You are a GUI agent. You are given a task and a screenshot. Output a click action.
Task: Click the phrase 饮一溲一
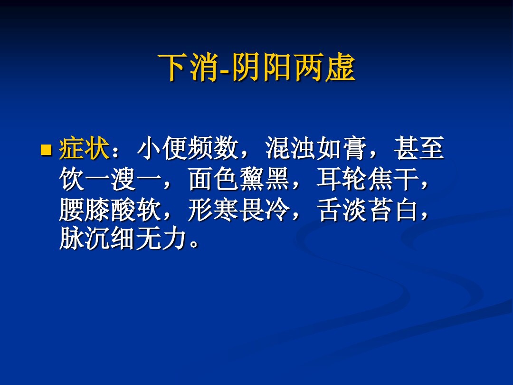(x=110, y=181)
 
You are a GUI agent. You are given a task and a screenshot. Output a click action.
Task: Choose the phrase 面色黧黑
(x=239, y=181)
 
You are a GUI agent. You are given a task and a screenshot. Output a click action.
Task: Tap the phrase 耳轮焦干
(x=367, y=181)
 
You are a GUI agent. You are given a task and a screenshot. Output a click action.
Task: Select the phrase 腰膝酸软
(x=110, y=210)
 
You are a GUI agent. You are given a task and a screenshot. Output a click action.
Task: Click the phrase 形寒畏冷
(x=239, y=210)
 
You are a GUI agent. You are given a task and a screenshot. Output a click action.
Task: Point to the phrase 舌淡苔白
(x=367, y=210)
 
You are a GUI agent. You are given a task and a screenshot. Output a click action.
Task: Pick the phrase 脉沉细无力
(x=122, y=241)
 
